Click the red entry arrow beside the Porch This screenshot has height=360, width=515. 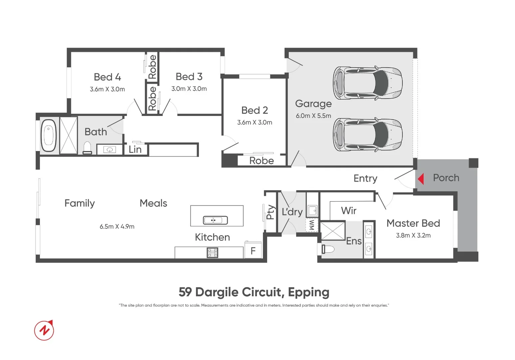click(x=421, y=179)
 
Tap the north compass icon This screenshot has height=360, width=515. click(x=44, y=330)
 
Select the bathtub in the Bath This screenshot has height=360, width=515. click(x=49, y=136)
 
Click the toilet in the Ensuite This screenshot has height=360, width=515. click(x=328, y=249)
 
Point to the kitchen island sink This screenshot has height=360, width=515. click(x=215, y=220)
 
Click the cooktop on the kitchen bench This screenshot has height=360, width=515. click(x=213, y=253)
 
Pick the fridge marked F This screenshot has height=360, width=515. click(x=253, y=251)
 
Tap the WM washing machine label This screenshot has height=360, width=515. click(x=312, y=225)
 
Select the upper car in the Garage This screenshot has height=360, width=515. click(x=368, y=83)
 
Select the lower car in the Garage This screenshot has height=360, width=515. click(x=368, y=135)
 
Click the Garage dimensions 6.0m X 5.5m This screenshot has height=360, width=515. click(x=313, y=116)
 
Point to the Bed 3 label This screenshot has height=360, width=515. click(x=189, y=77)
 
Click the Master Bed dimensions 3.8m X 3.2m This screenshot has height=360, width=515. click(x=413, y=235)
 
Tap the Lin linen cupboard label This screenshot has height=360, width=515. click(x=135, y=150)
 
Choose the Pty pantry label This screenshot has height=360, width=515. click(x=270, y=212)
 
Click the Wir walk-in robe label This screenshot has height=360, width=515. click(x=348, y=211)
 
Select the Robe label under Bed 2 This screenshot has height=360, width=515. click(x=261, y=161)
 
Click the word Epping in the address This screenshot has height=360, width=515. click(x=308, y=292)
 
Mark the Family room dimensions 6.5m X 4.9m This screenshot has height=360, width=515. click(x=117, y=227)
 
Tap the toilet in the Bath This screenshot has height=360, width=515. click(x=87, y=148)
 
